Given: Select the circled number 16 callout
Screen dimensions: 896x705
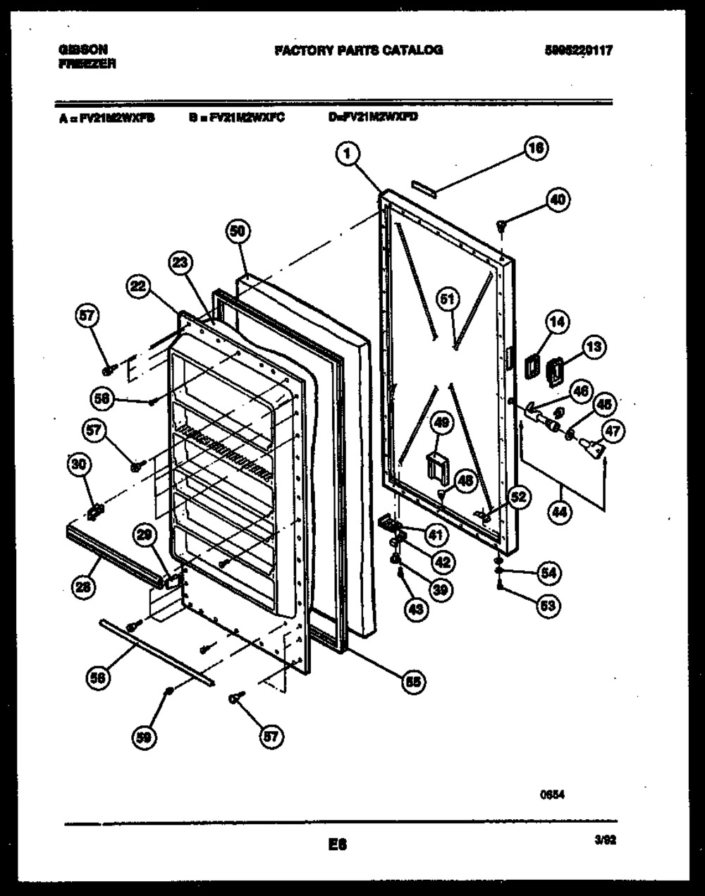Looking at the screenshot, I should [x=537, y=149].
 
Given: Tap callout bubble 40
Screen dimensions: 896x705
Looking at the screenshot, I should [x=558, y=200].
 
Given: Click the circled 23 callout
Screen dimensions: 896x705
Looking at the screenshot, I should [x=181, y=264].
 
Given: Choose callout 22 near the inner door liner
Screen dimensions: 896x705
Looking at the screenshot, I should [x=139, y=286].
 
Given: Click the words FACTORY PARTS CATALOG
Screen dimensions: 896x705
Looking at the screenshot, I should [x=358, y=50].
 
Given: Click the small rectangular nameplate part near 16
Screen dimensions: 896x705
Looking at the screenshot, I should [x=424, y=185].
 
